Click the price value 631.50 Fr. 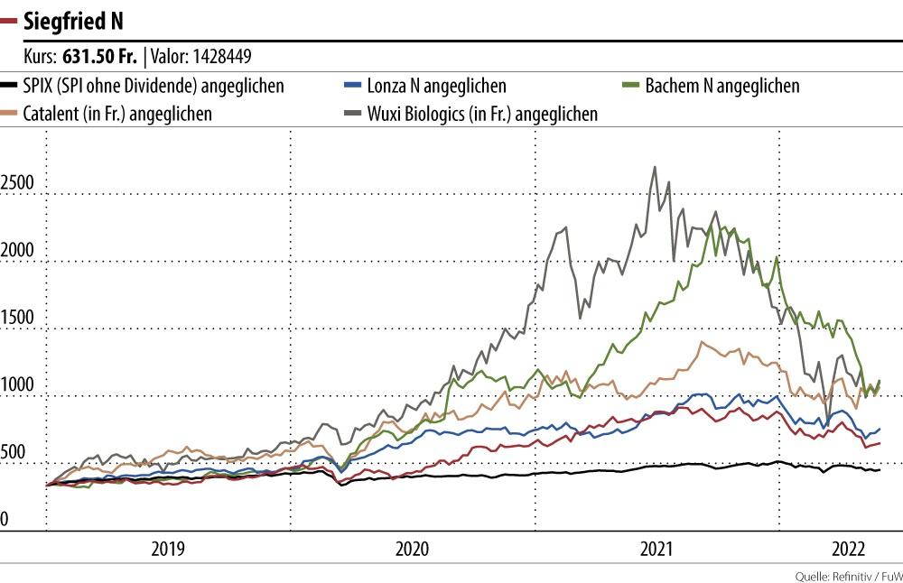point(99,57)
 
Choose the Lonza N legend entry point(437,87)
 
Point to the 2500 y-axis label point(16,183)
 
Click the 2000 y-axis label point(16,251)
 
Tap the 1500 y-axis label point(16,319)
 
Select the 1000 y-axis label point(16,386)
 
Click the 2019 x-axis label point(169,548)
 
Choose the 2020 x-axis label point(413,548)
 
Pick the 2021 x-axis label point(657,548)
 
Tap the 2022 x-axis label point(849,548)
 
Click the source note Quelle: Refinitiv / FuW point(848,576)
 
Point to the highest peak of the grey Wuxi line point(653,167)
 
